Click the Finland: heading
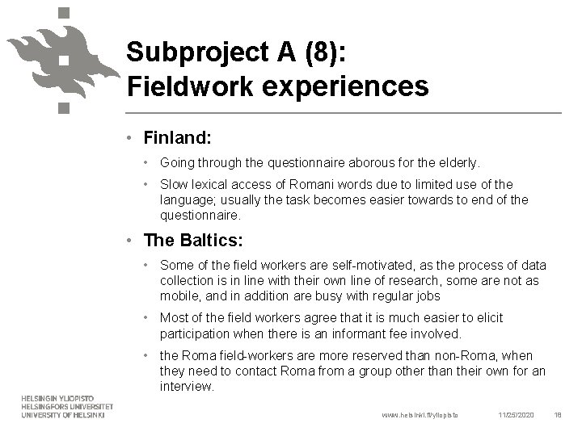pyautogui.click(x=178, y=138)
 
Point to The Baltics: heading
pyautogui.click(x=192, y=241)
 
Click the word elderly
pyautogui.click(x=459, y=162)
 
